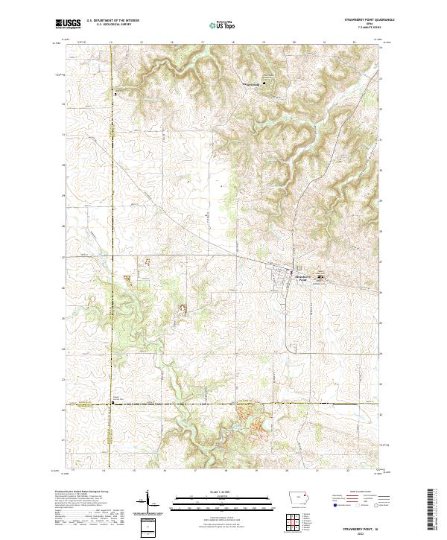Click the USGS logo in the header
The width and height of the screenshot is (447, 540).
pyautogui.click(x=69, y=24)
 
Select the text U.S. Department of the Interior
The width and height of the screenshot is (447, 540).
pyautogui.click(x=112, y=22)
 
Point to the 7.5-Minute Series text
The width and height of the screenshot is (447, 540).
pyautogui.click(x=370, y=29)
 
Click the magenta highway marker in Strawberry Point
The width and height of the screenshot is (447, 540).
pyautogui.click(x=291, y=270)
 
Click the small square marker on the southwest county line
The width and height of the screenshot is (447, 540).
pyautogui.click(x=112, y=402)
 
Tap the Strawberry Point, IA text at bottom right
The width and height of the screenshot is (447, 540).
pyautogui.click(x=370, y=527)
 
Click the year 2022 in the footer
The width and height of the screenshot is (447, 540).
pyautogui.click(x=370, y=532)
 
